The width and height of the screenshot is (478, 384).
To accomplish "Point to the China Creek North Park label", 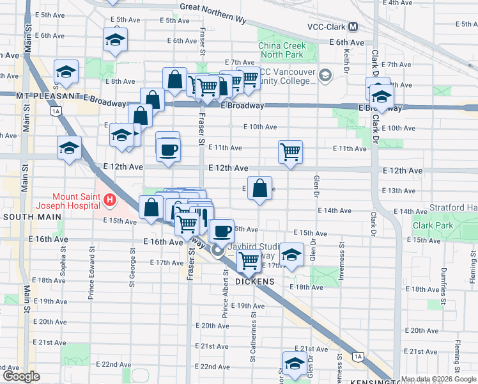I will click(x=282, y=51).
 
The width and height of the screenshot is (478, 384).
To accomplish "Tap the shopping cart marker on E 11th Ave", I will click(x=290, y=152).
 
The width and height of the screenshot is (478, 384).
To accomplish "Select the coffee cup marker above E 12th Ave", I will click(x=168, y=150).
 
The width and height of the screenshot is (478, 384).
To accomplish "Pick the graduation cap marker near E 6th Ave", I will click(x=115, y=40).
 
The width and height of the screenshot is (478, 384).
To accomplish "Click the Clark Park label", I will click(x=433, y=225).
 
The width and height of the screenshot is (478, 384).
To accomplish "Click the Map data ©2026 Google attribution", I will click(x=438, y=380).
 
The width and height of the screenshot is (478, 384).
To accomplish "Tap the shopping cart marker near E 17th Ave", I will click(x=248, y=260).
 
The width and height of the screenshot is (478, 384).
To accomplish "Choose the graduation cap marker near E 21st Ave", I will click(x=294, y=364).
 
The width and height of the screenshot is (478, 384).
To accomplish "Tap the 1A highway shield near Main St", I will click(x=56, y=111).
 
